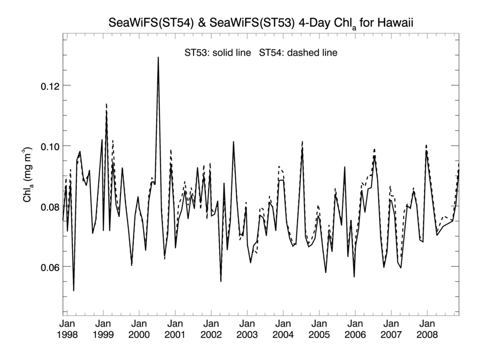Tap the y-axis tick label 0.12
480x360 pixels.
(x=51, y=85)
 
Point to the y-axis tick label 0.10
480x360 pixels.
(x=51, y=146)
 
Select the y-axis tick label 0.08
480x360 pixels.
(x=51, y=206)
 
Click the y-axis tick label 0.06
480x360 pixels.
(x=51, y=267)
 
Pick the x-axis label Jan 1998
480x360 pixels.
(x=67, y=330)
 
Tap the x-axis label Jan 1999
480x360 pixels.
(x=103, y=330)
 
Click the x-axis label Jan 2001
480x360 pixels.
(x=175, y=330)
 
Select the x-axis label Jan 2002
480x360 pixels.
(x=211, y=330)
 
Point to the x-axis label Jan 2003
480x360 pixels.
(x=247, y=330)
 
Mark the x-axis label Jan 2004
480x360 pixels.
(x=283, y=330)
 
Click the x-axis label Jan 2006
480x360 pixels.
(x=355, y=330)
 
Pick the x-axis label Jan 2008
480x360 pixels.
(x=427, y=330)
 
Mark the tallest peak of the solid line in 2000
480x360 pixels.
(x=158, y=58)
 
